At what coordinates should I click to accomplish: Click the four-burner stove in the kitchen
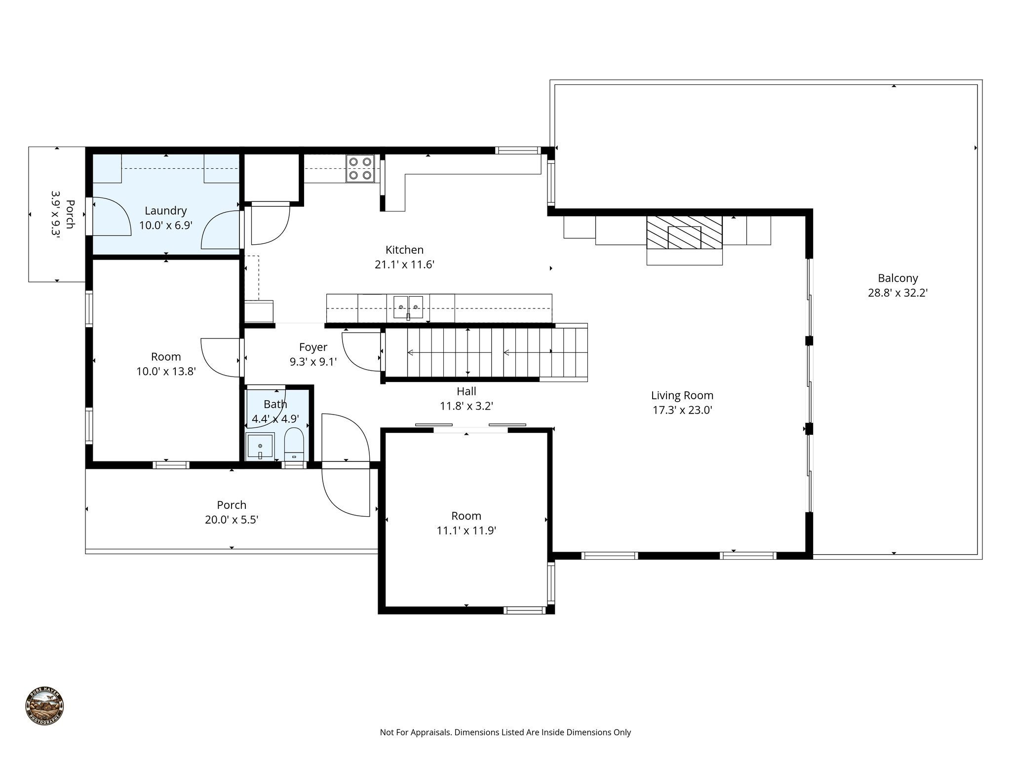(360, 168)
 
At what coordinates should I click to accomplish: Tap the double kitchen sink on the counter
(408, 307)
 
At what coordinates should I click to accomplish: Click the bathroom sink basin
(260, 446)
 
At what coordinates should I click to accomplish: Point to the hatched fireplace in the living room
(684, 232)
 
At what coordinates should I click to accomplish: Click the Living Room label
(682, 395)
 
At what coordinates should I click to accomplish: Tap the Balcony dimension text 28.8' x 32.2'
(897, 293)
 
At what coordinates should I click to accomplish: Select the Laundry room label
(165, 211)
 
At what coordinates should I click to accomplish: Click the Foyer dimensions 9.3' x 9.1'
(313, 362)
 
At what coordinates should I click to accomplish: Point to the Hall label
(466, 391)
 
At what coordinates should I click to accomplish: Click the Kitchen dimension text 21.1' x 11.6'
(404, 265)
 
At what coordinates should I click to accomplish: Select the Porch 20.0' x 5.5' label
(232, 512)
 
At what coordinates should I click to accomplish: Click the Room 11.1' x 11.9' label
(466, 523)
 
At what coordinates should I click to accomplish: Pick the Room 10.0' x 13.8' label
(166, 364)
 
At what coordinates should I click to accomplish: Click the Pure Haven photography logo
(44, 706)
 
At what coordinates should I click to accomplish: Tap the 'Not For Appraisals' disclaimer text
(505, 732)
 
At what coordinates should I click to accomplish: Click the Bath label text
(275, 404)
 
